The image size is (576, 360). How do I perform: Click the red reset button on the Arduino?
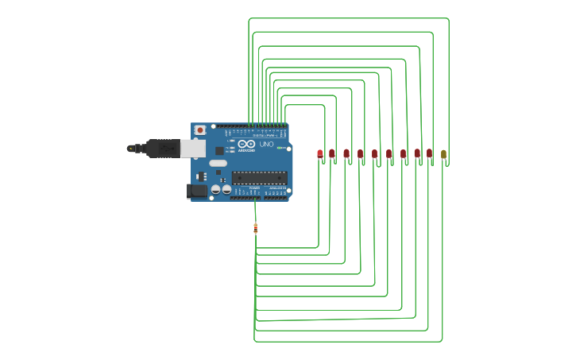click(x=200, y=130)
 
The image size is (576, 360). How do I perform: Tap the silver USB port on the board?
click(x=192, y=149)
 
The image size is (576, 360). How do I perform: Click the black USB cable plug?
click(x=163, y=149)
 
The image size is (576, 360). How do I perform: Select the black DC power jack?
click(x=196, y=191)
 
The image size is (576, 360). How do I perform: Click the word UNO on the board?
click(x=266, y=145)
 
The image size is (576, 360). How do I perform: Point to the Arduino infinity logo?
click(x=246, y=144)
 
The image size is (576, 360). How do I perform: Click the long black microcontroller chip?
click(x=259, y=177)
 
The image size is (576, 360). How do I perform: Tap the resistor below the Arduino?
click(x=255, y=228)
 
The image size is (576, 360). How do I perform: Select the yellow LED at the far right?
click(x=443, y=154)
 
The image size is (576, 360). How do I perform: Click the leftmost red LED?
click(x=320, y=153)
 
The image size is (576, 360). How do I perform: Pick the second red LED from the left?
click(x=332, y=153)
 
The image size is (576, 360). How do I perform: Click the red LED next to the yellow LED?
click(x=429, y=153)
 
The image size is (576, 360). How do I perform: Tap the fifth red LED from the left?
click(x=375, y=153)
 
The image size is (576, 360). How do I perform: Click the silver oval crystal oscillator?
click(x=218, y=163)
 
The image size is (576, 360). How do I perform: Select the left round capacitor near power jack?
click(x=215, y=189)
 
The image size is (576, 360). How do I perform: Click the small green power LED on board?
click(x=280, y=148)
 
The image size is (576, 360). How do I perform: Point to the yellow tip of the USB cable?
click(x=130, y=149)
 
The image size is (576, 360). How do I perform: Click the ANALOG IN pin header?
click(x=276, y=197)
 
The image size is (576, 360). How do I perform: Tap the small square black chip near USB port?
click(x=219, y=150)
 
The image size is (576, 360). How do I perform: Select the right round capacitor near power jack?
click(x=226, y=189)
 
